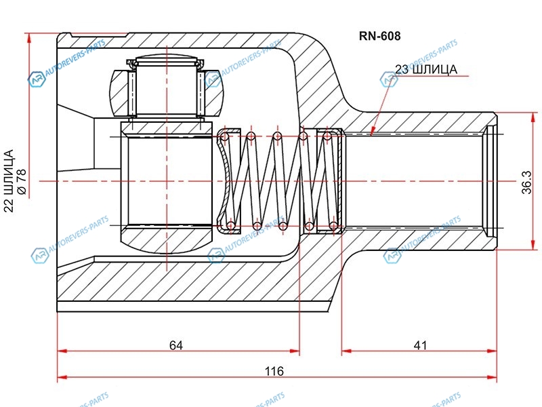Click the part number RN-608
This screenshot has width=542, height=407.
379,37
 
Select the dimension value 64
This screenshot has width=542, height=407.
176,345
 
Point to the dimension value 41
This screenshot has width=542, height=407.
420,345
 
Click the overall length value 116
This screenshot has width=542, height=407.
274,371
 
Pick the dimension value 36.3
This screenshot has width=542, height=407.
528,182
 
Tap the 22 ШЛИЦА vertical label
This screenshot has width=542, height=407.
9,182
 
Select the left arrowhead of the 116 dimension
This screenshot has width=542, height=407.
62,376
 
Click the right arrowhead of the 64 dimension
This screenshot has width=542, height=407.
295,351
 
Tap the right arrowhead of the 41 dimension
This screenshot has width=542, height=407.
493,351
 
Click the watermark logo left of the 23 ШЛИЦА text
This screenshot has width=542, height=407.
388,81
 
